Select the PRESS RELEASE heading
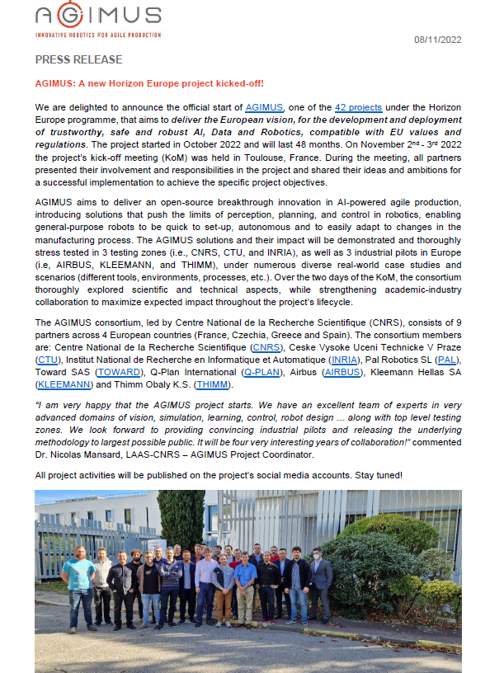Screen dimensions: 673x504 click(x=78, y=60)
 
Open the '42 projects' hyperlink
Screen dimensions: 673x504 click(x=357, y=108)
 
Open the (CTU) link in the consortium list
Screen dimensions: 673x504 click(x=47, y=360)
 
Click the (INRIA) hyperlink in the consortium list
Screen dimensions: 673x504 click(x=344, y=360)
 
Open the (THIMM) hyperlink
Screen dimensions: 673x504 click(x=213, y=384)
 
